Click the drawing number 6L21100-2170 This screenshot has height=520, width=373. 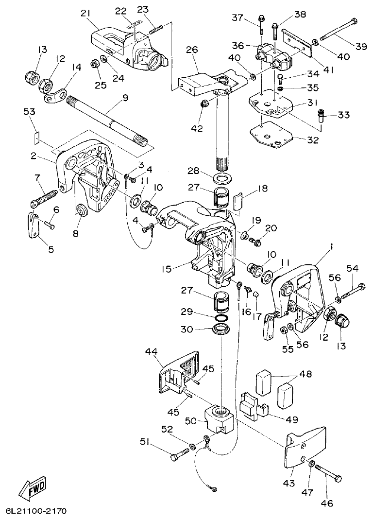click(x=36, y=512)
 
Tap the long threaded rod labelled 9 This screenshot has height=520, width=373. click(x=107, y=120)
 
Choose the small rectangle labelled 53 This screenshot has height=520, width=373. click(x=35, y=138)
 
